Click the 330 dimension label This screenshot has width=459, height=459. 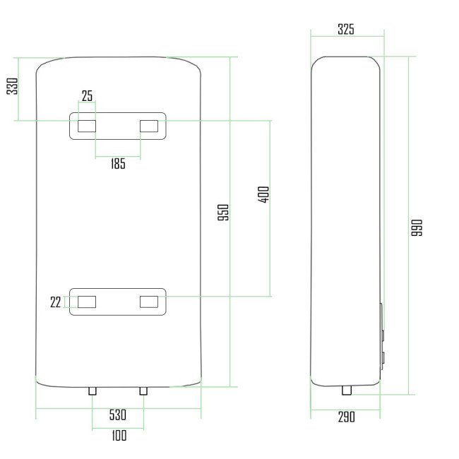13,87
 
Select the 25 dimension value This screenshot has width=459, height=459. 88,96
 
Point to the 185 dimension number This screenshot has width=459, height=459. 118,164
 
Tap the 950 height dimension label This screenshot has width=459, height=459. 223,213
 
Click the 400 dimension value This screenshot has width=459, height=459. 264,195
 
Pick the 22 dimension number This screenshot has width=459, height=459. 56,302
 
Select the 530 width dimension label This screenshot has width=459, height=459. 118,415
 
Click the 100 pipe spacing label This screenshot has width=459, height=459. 119,435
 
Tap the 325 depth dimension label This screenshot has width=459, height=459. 346,30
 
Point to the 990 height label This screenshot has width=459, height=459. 417,227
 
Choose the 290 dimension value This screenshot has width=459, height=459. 346,417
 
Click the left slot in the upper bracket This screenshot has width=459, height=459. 87,126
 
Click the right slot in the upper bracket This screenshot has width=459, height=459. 149,126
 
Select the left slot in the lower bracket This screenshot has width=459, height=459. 87,302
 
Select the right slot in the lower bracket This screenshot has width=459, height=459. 149,302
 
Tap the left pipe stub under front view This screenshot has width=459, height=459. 93,391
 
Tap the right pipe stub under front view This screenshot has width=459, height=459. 143,391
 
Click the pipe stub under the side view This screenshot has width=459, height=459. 347,391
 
